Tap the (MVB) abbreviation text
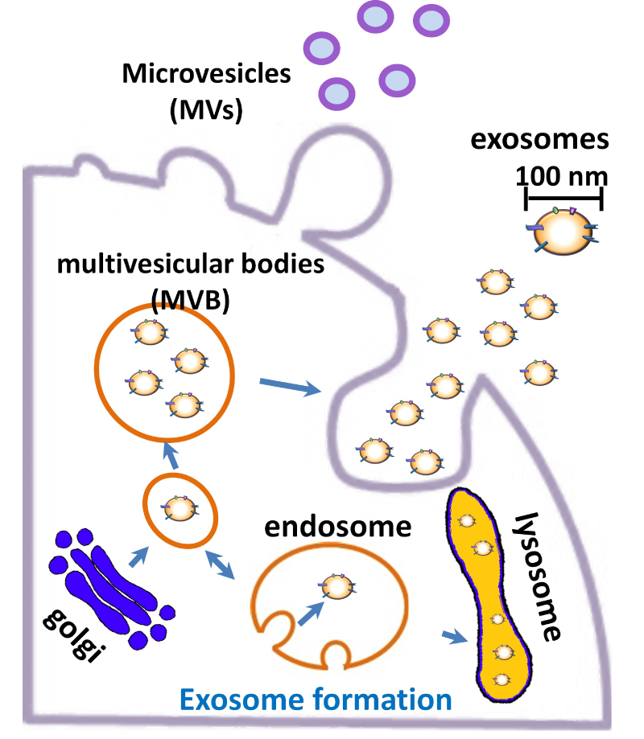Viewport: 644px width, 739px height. coord(191,299)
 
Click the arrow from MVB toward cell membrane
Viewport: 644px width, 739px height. coord(290,387)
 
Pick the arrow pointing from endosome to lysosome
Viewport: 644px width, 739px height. coord(456,637)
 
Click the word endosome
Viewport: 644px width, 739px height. coord(338,528)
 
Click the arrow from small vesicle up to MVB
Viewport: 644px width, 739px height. coord(171,456)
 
